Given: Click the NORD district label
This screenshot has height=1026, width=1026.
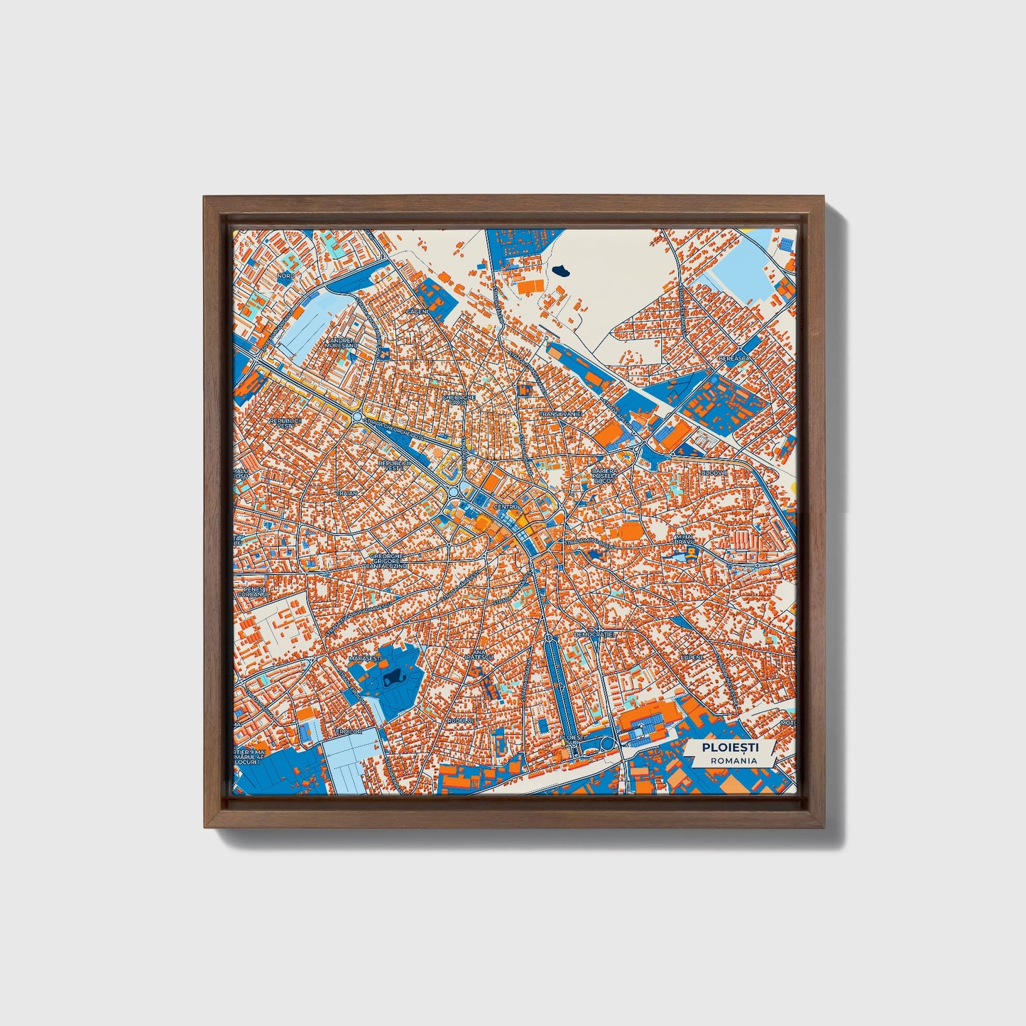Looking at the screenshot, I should pos(285,275).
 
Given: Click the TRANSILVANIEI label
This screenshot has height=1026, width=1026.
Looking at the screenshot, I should pos(560,413).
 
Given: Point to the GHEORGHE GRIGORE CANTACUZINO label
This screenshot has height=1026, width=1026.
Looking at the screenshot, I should pos(387,562).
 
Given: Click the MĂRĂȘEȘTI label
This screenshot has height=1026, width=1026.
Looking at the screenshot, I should pos(365,659).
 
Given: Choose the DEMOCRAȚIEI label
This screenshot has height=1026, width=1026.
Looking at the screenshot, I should pos(596,633).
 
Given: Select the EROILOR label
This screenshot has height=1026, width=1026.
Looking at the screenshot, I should pos(349,731).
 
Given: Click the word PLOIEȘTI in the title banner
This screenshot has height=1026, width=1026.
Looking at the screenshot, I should pos(730,748).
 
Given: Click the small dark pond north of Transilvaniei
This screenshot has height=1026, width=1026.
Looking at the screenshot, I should pos(562,270).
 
